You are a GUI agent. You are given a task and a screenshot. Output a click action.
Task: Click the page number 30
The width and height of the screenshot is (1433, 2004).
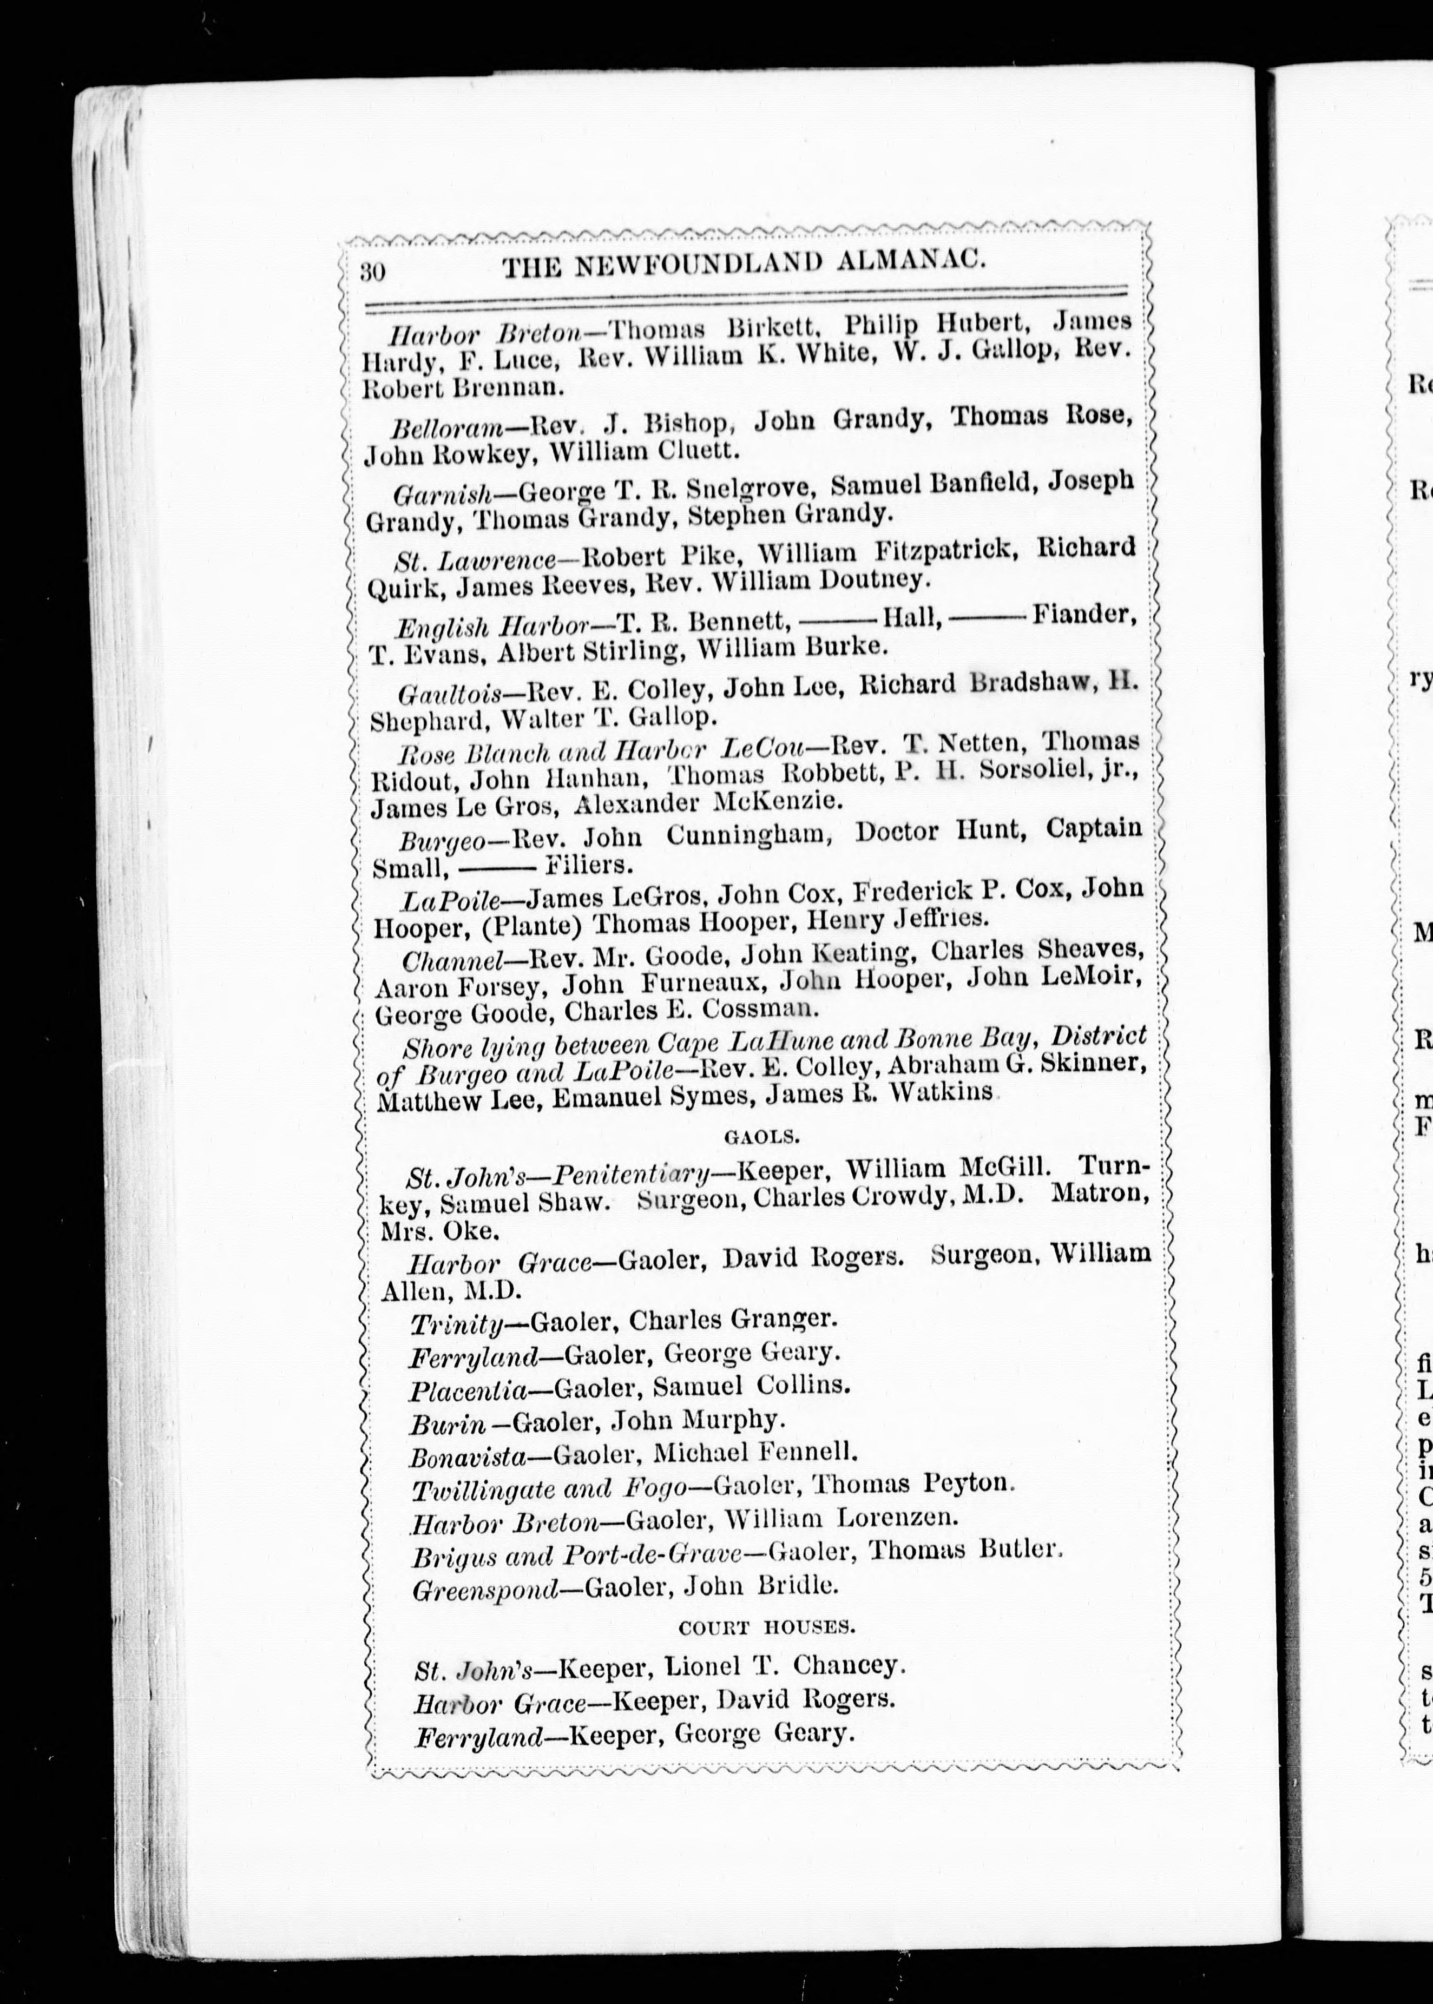374,270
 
